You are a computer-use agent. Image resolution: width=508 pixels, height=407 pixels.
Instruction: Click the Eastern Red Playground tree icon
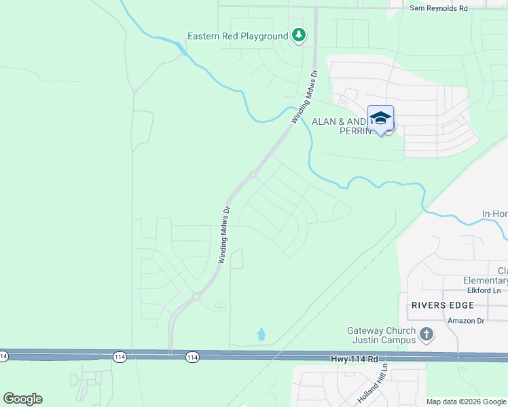point(298,35)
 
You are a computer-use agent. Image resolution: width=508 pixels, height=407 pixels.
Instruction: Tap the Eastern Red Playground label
point(238,36)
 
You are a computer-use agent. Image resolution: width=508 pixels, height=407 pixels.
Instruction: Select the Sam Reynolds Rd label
point(439,8)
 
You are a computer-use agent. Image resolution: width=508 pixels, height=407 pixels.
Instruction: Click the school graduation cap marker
point(380,118)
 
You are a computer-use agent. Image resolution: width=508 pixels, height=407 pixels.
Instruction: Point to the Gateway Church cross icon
point(426,334)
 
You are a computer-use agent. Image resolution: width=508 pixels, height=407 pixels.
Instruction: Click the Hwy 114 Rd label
point(354,357)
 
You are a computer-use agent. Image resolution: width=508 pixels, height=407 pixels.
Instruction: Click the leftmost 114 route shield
point(3,355)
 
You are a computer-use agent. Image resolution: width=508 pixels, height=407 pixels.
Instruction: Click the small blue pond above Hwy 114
point(261,334)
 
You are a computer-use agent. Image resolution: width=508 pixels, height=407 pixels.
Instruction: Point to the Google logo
point(22,399)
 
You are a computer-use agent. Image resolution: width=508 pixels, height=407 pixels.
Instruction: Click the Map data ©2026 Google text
point(466,401)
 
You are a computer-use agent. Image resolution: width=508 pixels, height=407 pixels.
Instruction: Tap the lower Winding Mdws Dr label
point(225,235)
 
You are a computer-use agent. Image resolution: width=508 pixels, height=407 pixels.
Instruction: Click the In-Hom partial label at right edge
point(494,214)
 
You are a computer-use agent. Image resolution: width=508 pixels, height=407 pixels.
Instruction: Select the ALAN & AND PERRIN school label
point(343,125)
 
